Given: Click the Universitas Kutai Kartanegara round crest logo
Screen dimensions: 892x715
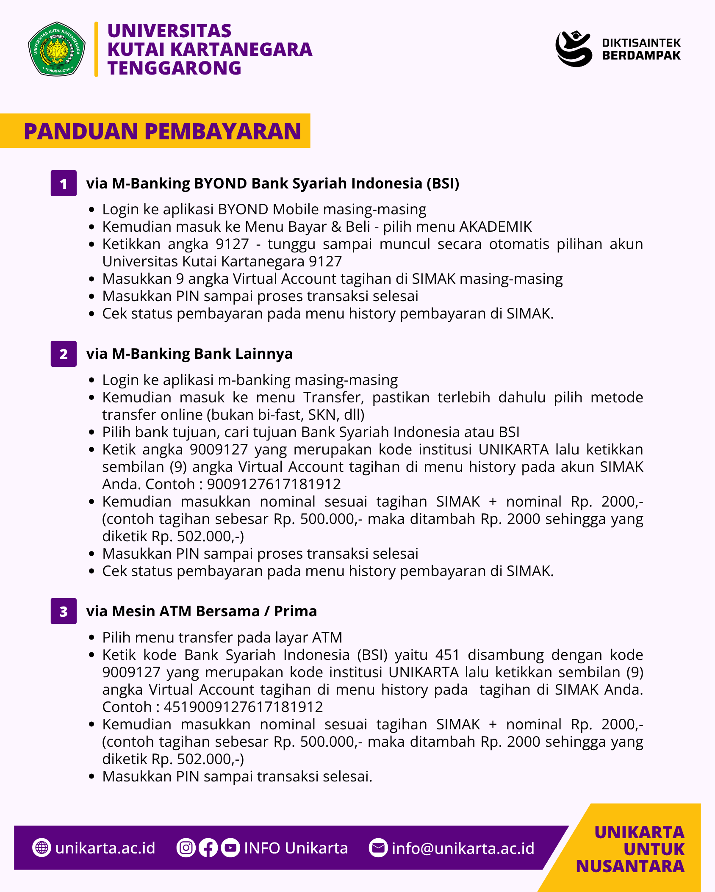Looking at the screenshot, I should point(57,49).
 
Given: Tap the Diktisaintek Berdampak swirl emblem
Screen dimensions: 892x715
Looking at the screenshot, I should point(574,48).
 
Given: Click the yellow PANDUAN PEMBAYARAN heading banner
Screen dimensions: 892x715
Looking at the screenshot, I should point(155,131).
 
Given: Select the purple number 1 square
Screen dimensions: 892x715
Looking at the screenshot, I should point(64,183).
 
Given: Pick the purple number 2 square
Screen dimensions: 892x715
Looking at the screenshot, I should point(64,354).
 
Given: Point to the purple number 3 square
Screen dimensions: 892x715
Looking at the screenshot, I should point(64,611).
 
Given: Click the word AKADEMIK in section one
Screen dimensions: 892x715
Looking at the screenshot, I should point(496,227).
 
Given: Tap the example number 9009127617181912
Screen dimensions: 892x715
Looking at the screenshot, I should point(274,484).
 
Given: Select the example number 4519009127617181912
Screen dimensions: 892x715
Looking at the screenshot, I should point(243,707).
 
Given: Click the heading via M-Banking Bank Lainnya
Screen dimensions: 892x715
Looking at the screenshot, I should point(189,354).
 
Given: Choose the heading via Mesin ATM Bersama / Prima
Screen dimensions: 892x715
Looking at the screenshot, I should point(201,611).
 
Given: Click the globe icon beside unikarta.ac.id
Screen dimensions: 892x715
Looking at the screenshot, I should point(42,848).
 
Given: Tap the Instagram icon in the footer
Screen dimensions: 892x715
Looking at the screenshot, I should point(186,848).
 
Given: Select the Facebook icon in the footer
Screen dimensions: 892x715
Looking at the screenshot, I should point(208,848).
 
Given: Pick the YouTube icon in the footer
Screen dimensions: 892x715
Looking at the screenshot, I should point(230,848).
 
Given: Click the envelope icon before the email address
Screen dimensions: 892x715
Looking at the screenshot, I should point(378,848).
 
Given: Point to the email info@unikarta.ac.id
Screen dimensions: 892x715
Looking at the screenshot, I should point(463,848).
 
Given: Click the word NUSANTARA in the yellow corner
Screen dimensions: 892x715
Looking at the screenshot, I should point(630,867).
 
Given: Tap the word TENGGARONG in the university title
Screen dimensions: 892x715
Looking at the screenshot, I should point(174,68).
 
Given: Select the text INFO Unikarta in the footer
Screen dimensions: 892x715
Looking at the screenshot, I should point(296,848).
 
